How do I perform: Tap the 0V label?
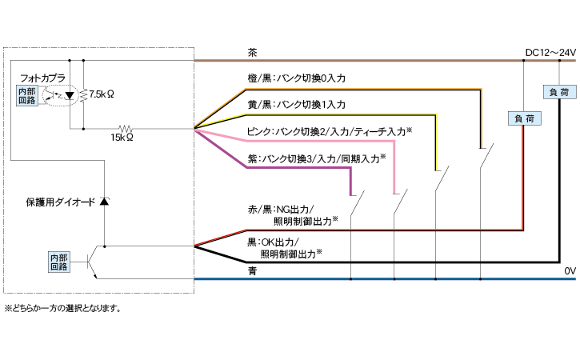point(569,271)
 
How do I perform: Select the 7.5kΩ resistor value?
point(102,94)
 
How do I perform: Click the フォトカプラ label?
point(42,78)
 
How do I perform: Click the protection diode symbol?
point(104,202)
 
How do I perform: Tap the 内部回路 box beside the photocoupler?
point(26,96)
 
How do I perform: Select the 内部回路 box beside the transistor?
point(59,262)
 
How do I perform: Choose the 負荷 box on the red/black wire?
point(522,118)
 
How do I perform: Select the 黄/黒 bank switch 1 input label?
point(297,105)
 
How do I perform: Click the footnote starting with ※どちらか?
point(62,308)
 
